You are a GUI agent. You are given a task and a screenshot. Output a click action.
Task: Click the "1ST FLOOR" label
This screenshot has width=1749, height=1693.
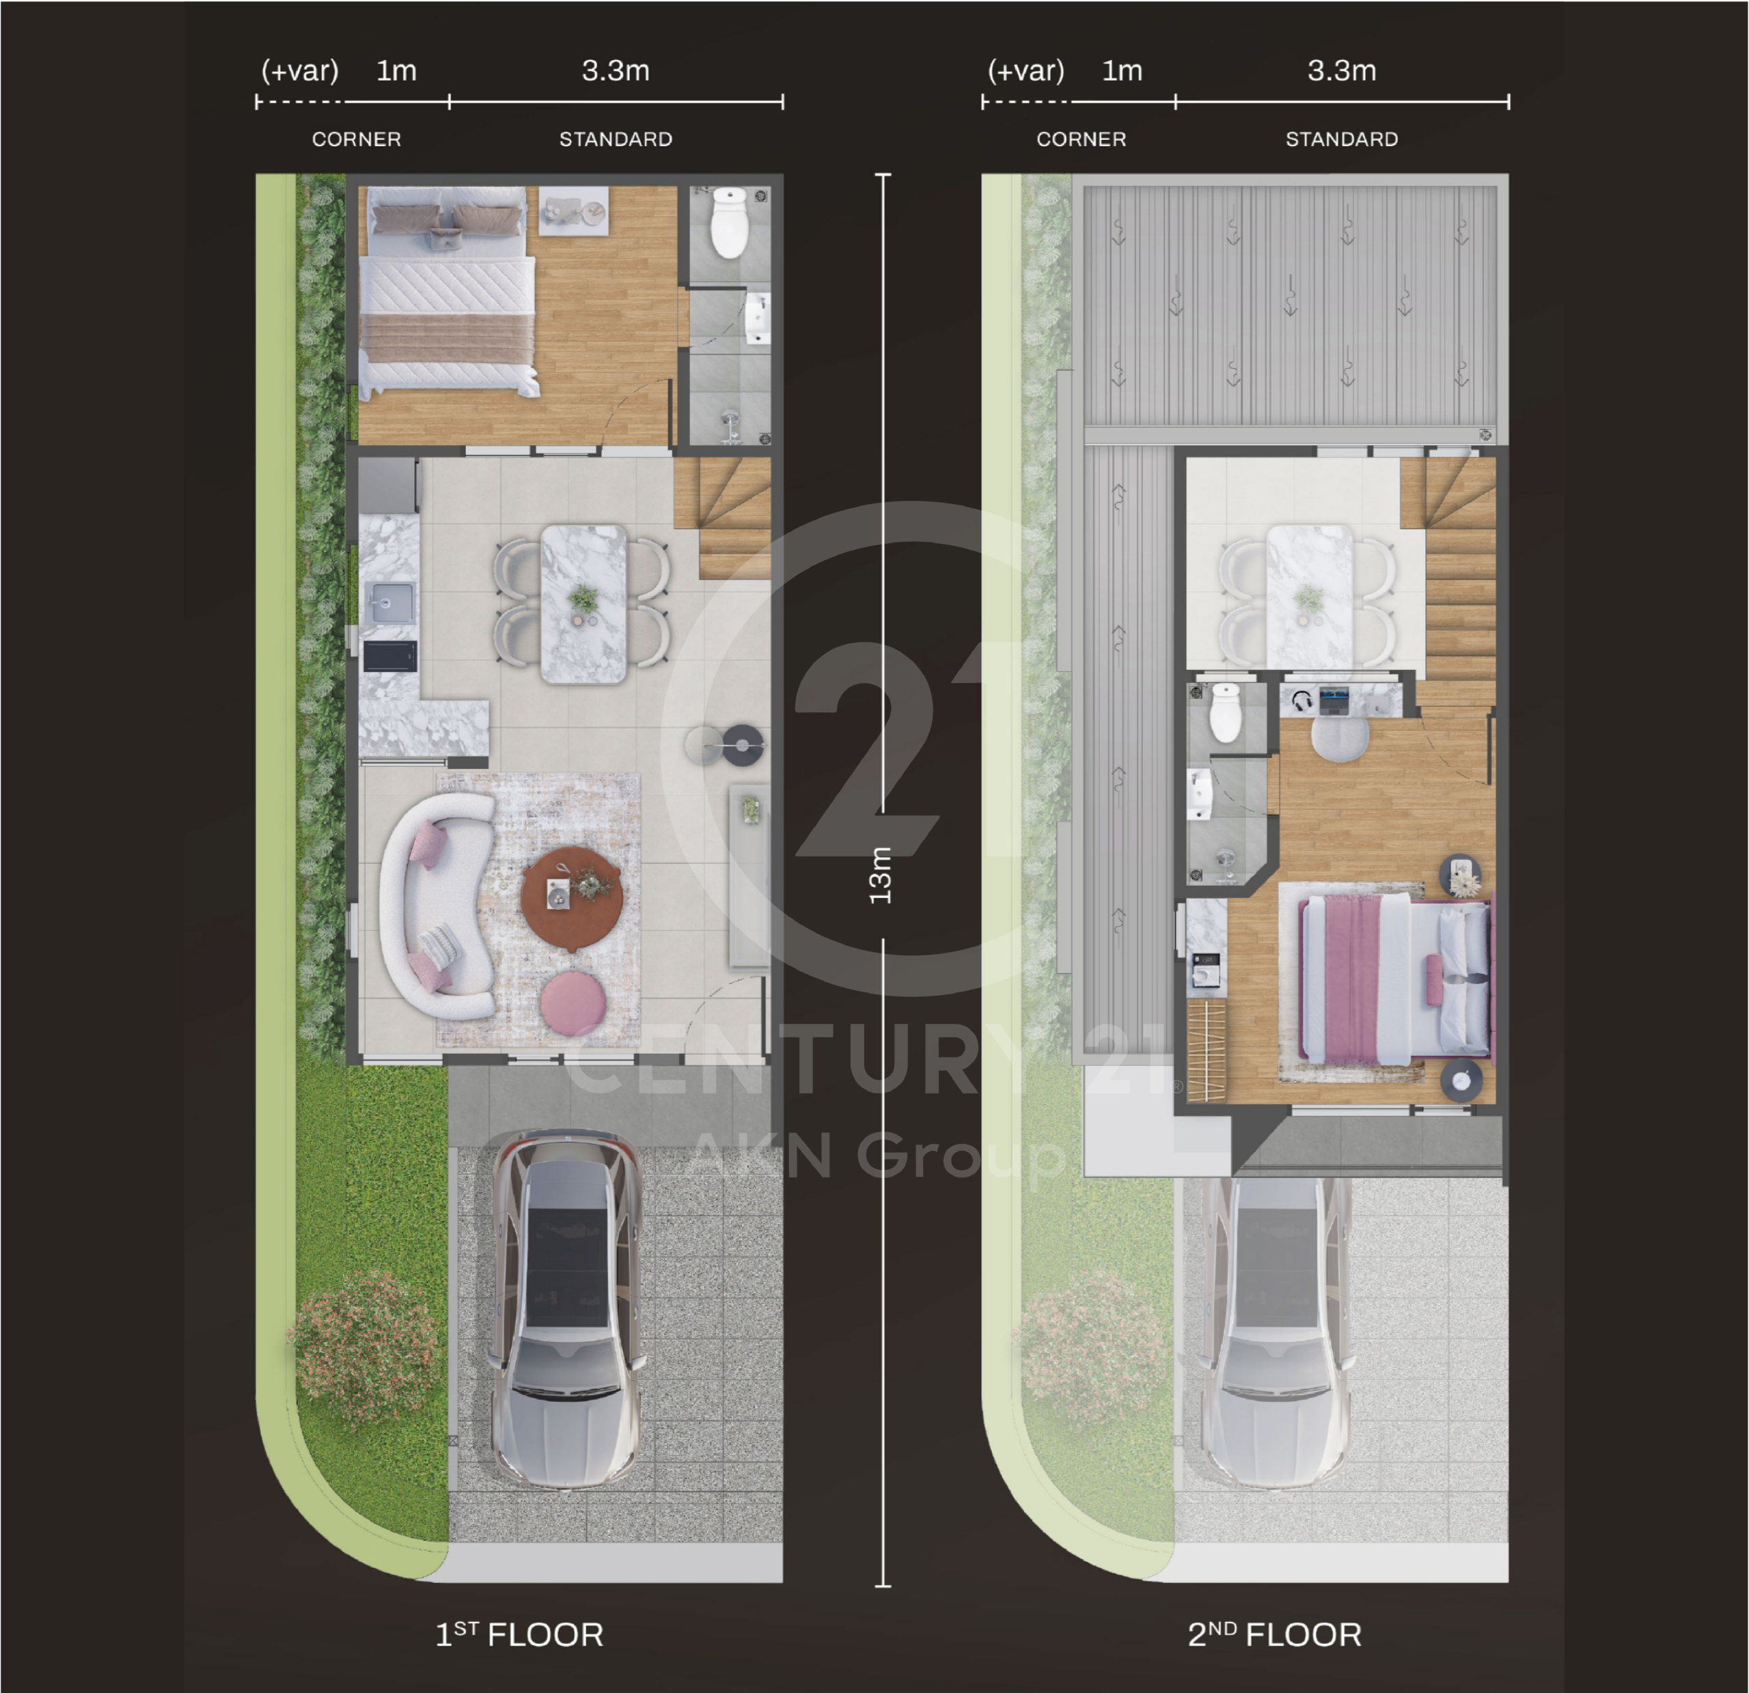[519, 1635]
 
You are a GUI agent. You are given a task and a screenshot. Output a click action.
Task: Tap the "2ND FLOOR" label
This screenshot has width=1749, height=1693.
[1274, 1635]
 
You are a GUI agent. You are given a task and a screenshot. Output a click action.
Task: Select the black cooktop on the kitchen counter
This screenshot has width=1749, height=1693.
[390, 656]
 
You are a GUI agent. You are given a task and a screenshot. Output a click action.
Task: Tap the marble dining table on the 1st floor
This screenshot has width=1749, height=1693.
[583, 603]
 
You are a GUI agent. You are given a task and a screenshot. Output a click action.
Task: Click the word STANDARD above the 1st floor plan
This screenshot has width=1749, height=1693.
[616, 139]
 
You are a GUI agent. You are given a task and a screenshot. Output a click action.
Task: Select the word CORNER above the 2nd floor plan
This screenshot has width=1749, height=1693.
[1082, 139]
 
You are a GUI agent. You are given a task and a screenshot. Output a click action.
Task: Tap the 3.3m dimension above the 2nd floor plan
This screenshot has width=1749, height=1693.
[1342, 70]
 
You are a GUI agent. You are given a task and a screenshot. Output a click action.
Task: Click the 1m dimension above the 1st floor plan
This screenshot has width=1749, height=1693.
[396, 70]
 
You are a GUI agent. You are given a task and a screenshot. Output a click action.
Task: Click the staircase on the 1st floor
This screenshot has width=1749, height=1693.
[722, 518]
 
